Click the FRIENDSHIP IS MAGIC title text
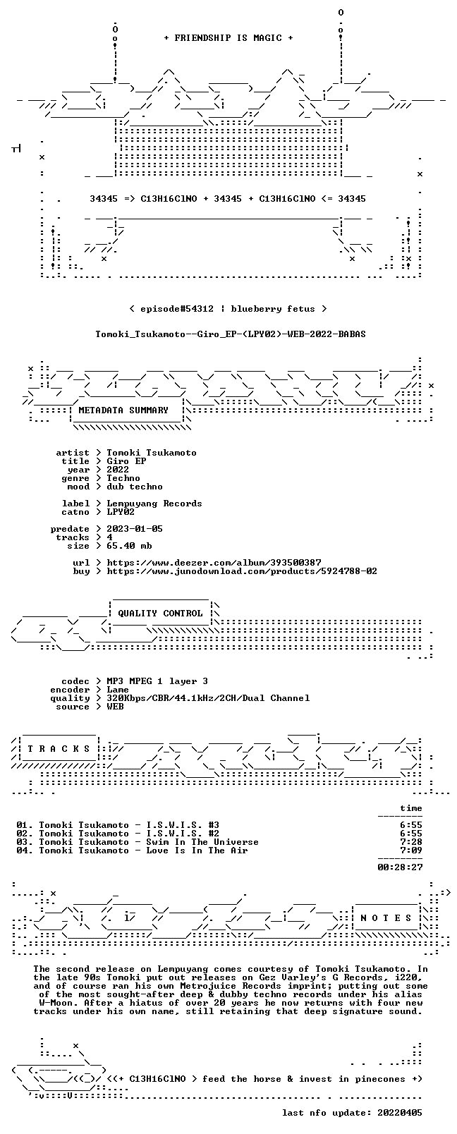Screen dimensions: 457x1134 coord(228,38)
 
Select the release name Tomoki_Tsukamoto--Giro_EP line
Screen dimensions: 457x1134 coord(231,334)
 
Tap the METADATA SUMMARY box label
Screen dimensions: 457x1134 coord(123,410)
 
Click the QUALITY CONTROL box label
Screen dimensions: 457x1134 coord(160,613)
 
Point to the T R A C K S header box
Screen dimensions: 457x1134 coord(59,749)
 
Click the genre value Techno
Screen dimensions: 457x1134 coord(123,478)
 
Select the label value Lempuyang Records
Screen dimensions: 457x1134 coord(154,504)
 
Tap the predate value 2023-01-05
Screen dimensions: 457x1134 coord(135,529)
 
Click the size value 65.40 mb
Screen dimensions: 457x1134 coord(129,546)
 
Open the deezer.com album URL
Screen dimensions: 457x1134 coord(214,563)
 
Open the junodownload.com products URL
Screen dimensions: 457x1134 coord(242,571)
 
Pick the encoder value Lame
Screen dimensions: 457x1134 coord(118,690)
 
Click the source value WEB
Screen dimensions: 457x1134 coord(115,707)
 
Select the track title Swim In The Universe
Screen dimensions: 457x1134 coord(202,843)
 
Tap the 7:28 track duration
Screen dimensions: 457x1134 coord(411,843)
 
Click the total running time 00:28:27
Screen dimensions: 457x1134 coord(400,867)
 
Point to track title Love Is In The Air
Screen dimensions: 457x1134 coord(197,851)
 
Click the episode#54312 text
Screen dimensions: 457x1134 coord(177,309)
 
